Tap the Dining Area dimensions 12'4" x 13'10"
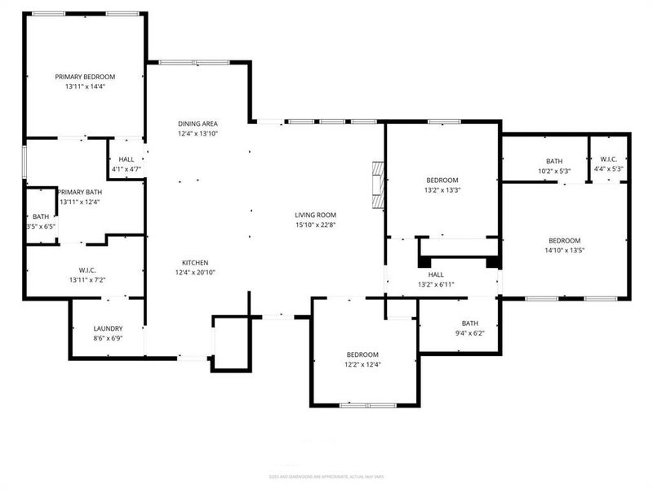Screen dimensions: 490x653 point(198,133)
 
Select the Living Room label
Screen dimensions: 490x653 point(316,215)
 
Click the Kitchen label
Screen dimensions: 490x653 point(195,262)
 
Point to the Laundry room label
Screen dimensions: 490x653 point(108,328)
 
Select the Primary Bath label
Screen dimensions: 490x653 point(80,191)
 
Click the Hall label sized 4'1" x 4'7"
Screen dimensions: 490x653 point(127,160)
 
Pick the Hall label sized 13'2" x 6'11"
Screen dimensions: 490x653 point(435,274)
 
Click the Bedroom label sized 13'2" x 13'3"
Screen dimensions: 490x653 point(442,180)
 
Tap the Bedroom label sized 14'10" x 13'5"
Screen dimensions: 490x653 point(564,240)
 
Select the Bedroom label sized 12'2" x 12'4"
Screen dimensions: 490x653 point(363,354)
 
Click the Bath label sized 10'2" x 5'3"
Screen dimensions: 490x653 point(554,160)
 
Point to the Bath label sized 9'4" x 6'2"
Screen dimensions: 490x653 point(469,323)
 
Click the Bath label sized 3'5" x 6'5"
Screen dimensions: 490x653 point(41,216)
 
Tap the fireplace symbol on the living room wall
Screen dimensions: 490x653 point(377,186)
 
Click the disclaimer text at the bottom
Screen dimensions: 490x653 point(326,477)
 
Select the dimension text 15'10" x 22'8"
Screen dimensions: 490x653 point(316,225)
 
